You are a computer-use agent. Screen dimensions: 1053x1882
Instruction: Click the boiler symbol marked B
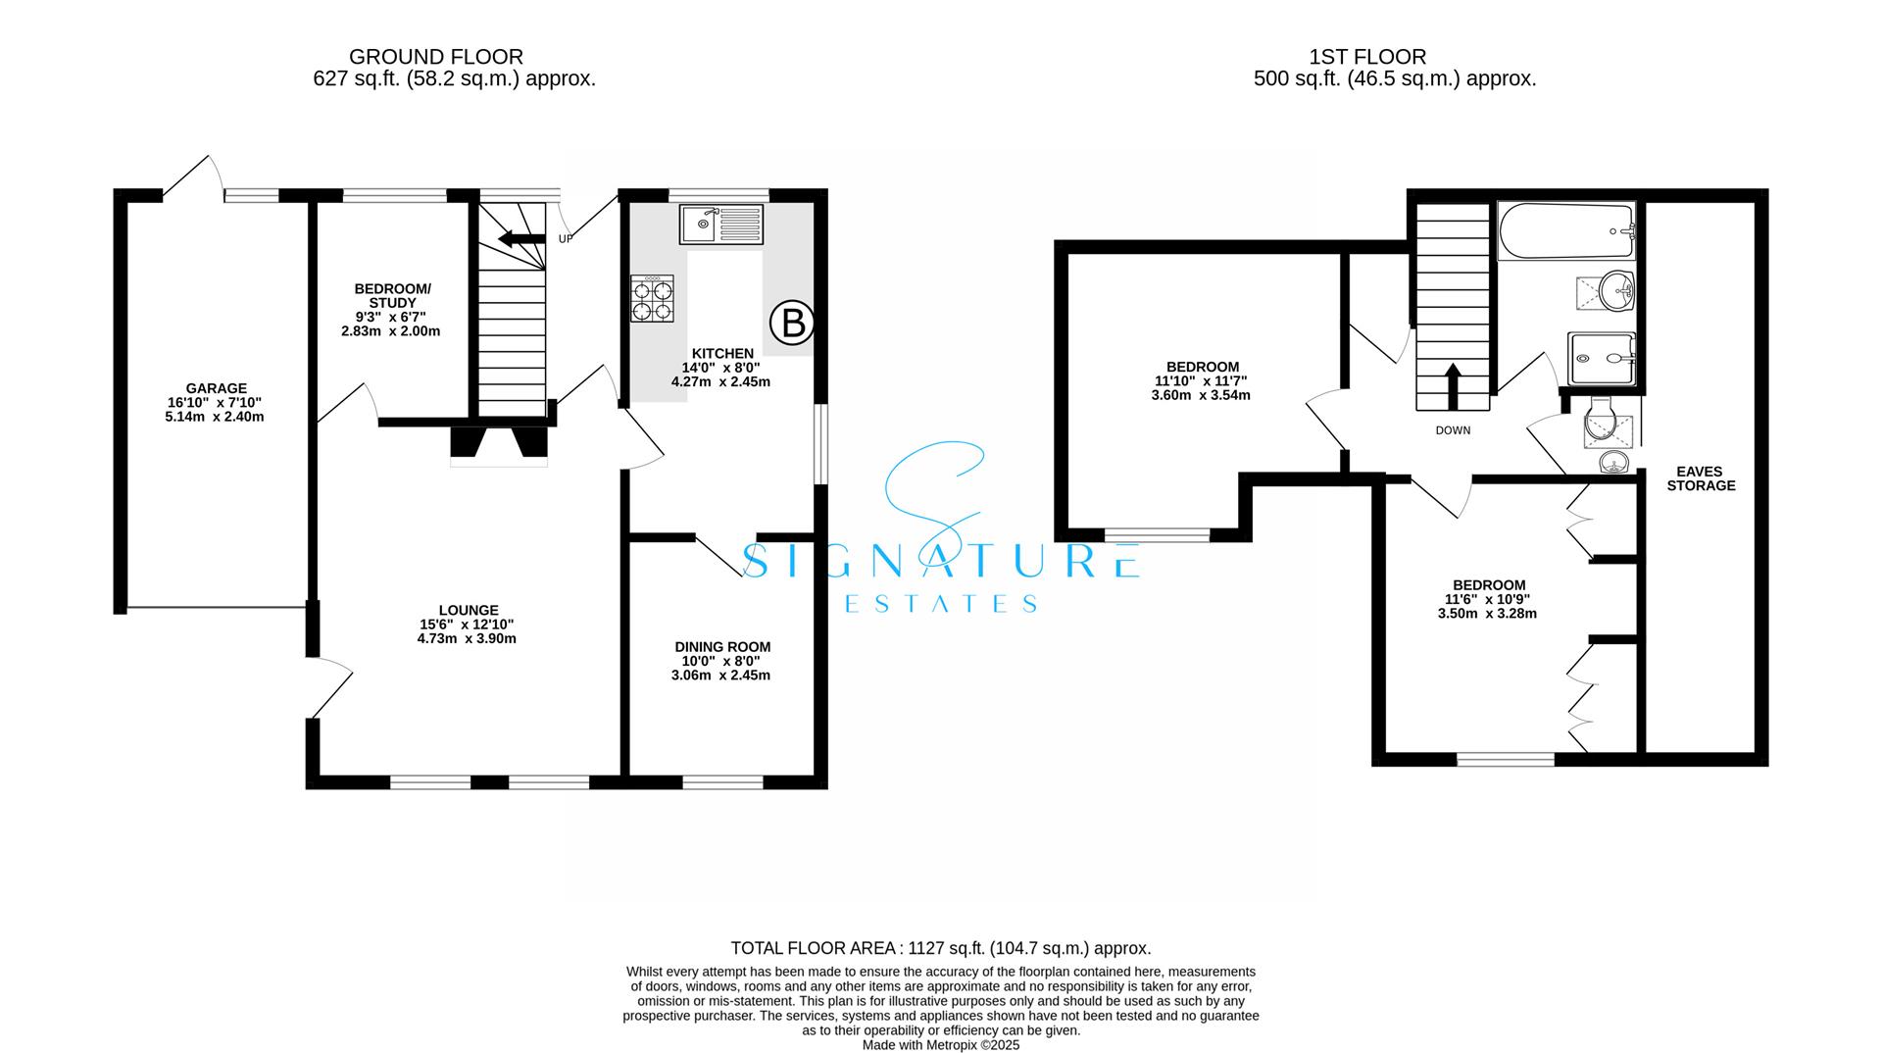coord(792,323)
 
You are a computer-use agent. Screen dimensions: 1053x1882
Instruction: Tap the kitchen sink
coord(720,224)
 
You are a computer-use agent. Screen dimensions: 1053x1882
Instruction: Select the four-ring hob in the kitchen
coord(653,299)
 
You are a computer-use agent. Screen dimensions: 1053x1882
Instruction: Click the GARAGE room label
coord(217,388)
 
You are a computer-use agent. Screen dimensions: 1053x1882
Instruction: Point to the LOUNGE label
coord(468,610)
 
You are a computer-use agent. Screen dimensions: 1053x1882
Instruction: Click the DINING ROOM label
coord(722,647)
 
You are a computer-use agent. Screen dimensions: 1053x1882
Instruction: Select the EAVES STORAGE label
coord(1701,478)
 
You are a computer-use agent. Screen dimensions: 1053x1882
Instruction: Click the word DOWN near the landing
coord(1453,430)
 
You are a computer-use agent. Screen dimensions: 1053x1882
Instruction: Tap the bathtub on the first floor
coord(1565,231)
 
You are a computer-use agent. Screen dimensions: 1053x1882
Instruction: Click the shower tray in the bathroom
coord(1601,359)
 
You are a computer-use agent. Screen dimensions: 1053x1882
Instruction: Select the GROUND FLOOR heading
coord(435,57)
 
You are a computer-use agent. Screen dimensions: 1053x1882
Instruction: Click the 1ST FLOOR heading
coord(1394,57)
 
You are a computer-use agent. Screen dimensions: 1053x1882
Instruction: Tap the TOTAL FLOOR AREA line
coord(940,948)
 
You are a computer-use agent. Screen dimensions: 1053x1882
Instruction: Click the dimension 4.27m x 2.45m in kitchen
coord(720,382)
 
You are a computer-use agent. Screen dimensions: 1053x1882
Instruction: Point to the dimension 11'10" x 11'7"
coord(1201,381)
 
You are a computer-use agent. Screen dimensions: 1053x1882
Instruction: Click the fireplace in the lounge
coord(499,445)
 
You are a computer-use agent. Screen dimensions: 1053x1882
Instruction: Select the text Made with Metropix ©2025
coord(940,1045)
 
